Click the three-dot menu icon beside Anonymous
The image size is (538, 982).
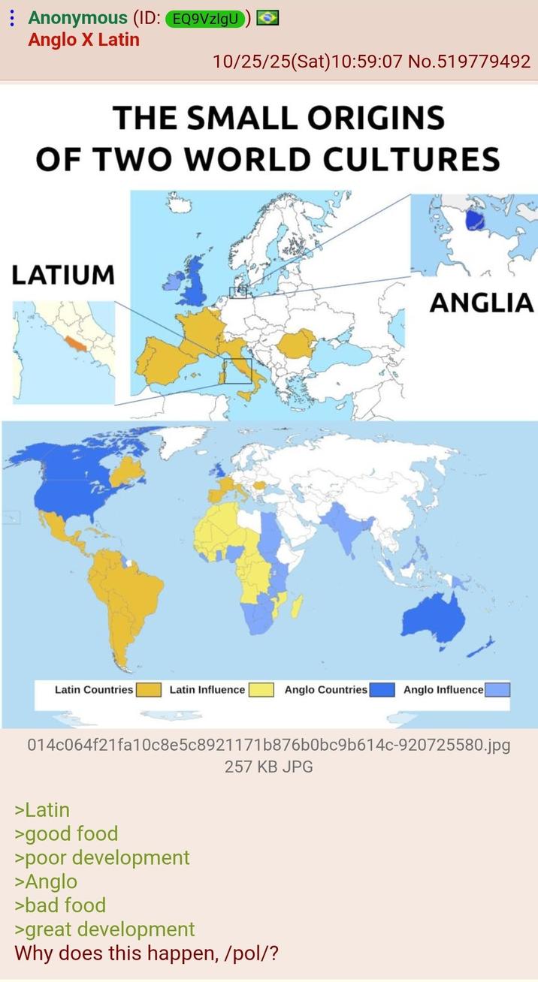(11, 19)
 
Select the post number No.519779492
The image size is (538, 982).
(469, 62)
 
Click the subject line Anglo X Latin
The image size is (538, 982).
(83, 40)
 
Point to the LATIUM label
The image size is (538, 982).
(63, 275)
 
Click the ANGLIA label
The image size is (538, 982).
(481, 303)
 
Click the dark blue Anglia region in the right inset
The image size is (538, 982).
(475, 219)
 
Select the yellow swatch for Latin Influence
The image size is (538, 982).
(261, 690)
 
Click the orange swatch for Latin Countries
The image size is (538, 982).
(148, 690)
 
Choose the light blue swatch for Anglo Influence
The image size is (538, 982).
(497, 690)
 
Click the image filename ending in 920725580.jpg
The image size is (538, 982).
(268, 746)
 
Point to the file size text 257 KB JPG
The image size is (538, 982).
(268, 767)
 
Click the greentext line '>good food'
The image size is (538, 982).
(66, 834)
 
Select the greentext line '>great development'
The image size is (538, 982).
(104, 929)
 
